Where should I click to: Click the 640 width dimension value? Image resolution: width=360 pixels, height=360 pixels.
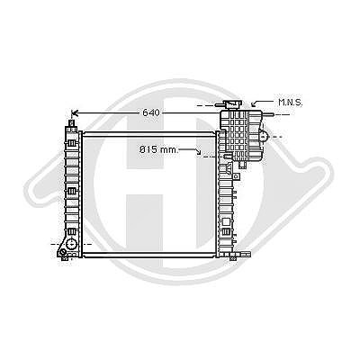click(151, 112)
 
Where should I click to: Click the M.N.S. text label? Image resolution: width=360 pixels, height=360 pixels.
click(290, 103)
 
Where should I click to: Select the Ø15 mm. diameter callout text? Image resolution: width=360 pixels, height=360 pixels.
click(158, 149)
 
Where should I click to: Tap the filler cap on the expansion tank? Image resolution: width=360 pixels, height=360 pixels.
click(231, 104)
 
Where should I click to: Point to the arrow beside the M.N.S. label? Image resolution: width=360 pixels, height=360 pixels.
click(262, 103)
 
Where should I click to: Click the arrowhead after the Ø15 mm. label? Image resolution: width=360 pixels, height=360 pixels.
click(198, 152)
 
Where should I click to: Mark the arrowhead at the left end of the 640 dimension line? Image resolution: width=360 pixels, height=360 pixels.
click(74, 113)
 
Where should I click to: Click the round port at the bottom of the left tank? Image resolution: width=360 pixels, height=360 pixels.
click(71, 244)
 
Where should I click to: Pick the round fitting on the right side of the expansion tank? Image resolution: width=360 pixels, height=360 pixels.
click(264, 137)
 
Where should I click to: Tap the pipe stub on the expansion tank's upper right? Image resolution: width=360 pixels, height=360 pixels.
click(268, 114)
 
